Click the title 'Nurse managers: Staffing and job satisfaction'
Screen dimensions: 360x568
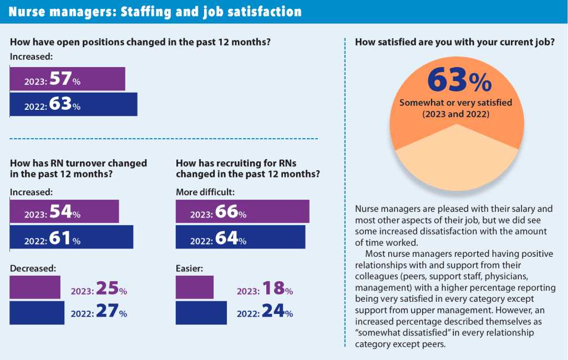tap(155, 12)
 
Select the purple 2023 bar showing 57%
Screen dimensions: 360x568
tap(67, 79)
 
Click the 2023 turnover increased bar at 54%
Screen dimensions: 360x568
tap(64, 211)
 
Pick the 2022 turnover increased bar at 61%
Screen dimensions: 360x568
tap(72, 237)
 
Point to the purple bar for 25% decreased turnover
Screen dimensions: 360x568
tap(35, 287)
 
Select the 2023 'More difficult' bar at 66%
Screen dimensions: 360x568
tap(242, 211)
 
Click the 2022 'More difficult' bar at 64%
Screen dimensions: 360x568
tap(240, 237)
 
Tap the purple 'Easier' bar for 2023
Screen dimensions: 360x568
tap(195, 287)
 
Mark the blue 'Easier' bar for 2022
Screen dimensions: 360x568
tap(201, 313)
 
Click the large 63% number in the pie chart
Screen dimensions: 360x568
tap(458, 80)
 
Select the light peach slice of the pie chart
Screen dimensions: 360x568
tap(458, 161)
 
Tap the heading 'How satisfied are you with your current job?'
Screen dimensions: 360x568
tap(455, 42)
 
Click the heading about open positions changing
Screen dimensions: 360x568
tap(144, 42)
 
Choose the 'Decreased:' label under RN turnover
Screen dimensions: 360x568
tap(33, 268)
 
